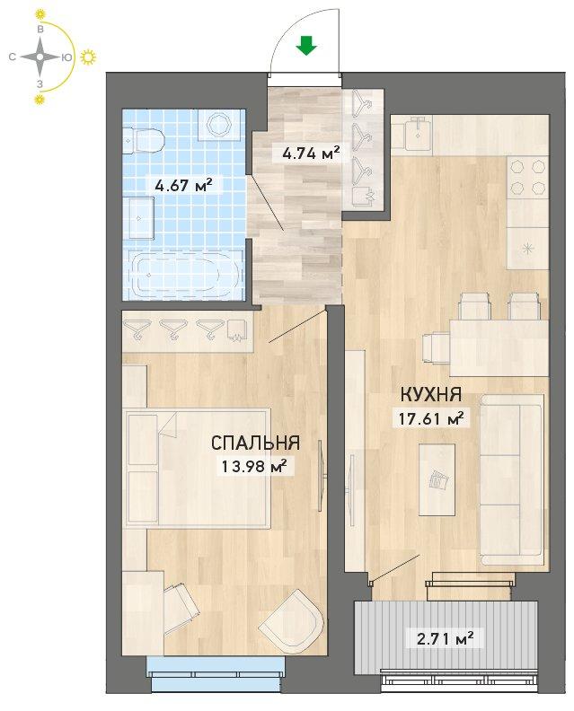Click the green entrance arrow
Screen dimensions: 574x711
coord(306,46)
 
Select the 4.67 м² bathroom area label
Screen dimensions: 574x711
coord(183,185)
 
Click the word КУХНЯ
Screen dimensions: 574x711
coord(431,395)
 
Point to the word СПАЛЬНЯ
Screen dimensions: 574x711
coord(255,443)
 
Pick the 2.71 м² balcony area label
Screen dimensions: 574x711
coord(446,639)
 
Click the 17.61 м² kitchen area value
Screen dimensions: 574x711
coord(431,418)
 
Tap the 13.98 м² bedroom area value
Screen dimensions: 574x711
coord(254,466)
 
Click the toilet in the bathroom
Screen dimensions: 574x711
coord(144,140)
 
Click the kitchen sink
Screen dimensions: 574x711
coord(416,133)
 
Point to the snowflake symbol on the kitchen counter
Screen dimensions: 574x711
coord(527,249)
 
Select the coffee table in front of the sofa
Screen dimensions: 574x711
coord(437,479)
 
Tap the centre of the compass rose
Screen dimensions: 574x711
coord(40,57)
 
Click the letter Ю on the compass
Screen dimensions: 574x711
coord(66,57)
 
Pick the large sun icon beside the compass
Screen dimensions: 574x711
coord(89,57)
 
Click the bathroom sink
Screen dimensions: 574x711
coord(141,218)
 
